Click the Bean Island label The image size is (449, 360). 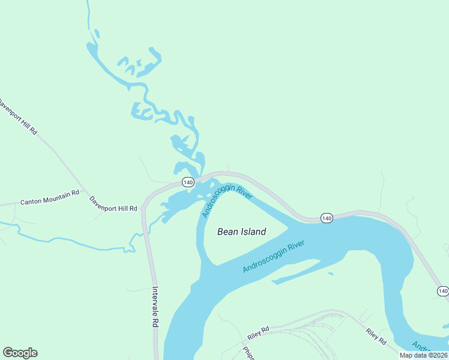[x=241, y=232]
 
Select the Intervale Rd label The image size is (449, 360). [x=154, y=306]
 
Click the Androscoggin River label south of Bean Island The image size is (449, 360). [x=273, y=257]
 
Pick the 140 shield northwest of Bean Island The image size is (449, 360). [x=188, y=182]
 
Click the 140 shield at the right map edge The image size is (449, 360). [x=442, y=291]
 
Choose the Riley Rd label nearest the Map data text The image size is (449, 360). [x=376, y=336]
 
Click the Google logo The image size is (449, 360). [x=20, y=353]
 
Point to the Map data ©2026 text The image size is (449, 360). [x=423, y=355]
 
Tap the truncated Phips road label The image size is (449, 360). [x=249, y=353]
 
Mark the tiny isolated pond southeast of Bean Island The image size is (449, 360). [x=330, y=274]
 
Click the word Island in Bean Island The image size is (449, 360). [x=253, y=232]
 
